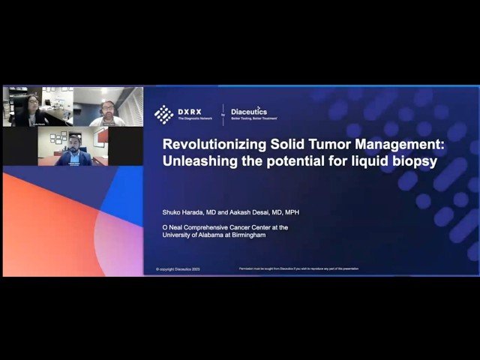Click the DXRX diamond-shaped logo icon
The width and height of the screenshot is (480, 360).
pos(163,114)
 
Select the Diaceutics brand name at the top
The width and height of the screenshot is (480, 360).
pos(249,110)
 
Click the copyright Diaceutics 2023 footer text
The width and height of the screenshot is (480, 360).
pos(178,268)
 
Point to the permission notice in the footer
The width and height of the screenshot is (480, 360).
pos(298,268)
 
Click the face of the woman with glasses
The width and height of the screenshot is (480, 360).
pos(33,102)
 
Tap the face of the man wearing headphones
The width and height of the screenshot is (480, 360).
pos(106,107)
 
